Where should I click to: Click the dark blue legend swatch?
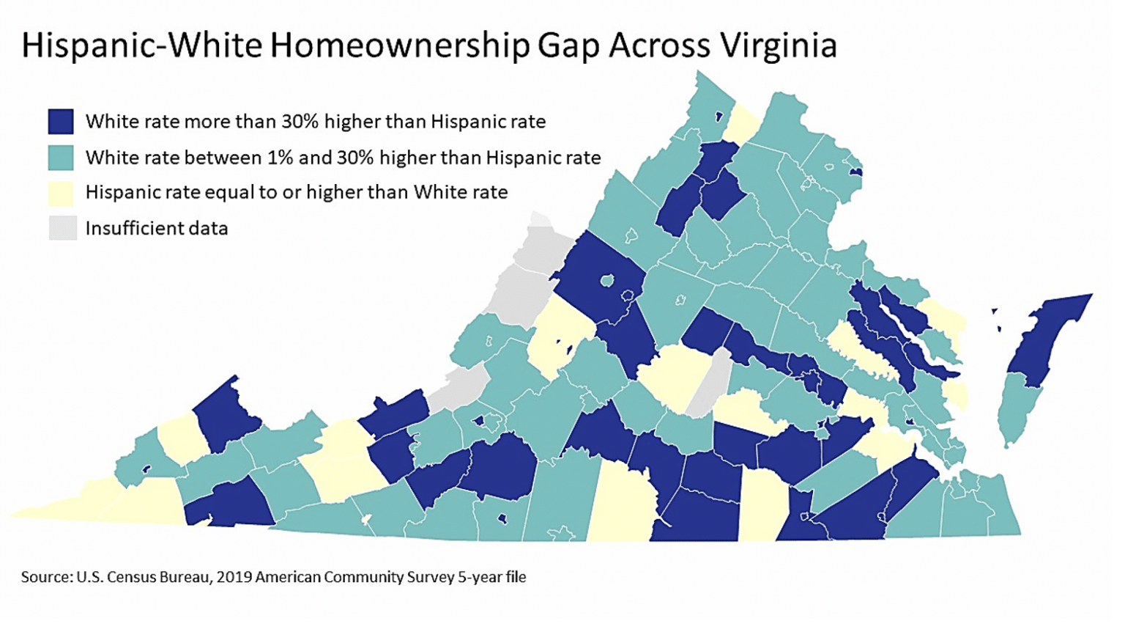click(x=61, y=121)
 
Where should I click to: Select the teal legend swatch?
click(x=61, y=157)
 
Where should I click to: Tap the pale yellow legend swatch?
click(x=61, y=193)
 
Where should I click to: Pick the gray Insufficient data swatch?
click(x=62, y=228)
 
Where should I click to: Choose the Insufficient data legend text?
click(x=157, y=229)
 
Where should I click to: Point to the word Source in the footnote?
click(x=46, y=577)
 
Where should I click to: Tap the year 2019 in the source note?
click(x=234, y=577)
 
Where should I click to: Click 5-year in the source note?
click(x=480, y=578)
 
